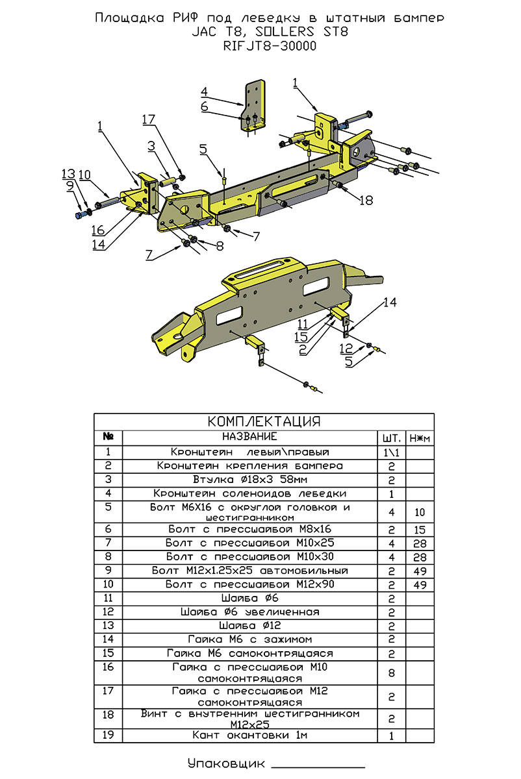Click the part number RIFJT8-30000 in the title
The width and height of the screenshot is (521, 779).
tap(270, 46)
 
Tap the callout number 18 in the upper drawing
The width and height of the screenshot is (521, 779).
tap(366, 201)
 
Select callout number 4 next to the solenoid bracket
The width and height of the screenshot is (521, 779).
tap(203, 91)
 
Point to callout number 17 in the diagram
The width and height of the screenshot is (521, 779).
tap(149, 119)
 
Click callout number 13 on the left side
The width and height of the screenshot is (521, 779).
tap(68, 174)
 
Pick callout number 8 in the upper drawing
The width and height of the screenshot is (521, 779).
tap(219, 246)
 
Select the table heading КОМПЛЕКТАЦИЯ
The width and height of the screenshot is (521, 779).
tap(264, 421)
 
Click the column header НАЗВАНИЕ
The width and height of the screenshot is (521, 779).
tap(249, 437)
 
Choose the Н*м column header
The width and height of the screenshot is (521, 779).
tap(420, 438)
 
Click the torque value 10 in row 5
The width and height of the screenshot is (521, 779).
tap(420, 512)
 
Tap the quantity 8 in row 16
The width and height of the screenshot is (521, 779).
tap(391, 673)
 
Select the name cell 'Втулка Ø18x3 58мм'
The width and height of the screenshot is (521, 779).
tap(249, 480)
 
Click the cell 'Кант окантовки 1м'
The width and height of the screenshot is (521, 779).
tap(249, 736)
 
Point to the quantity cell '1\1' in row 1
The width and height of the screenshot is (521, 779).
tap(391, 452)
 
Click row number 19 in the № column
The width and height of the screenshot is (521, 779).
tap(108, 736)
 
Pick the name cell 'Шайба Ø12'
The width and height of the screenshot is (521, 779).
tap(249, 626)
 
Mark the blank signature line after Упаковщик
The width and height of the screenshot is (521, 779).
tap(309, 766)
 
